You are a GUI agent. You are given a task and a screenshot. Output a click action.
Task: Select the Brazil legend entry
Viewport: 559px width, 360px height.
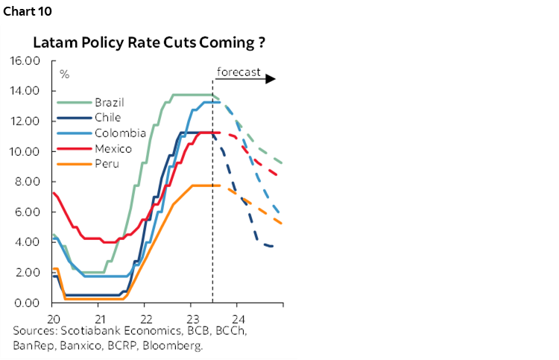click(109, 102)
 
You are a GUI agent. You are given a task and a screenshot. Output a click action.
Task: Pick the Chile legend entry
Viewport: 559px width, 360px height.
click(107, 118)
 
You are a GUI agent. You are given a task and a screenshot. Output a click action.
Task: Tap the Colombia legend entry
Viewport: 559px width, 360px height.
click(119, 133)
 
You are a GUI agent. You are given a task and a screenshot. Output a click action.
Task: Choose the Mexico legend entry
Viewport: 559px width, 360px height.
click(113, 149)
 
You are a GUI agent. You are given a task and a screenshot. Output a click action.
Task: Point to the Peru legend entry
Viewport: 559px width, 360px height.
click(107, 164)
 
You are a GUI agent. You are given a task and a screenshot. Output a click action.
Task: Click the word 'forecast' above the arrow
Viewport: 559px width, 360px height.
click(238, 72)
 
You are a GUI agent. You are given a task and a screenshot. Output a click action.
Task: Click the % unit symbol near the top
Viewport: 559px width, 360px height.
click(65, 74)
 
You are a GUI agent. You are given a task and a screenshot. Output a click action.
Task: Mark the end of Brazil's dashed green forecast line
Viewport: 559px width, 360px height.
click(282, 162)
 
